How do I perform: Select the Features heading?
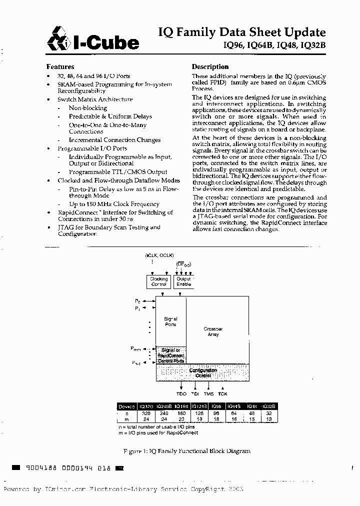point(60,66)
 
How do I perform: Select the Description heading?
point(210,66)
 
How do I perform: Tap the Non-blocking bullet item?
point(87,108)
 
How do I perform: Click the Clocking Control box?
point(159,281)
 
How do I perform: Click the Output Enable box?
point(183,281)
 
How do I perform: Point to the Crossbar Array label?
point(213,331)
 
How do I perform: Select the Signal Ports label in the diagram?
point(170,321)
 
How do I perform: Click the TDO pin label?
point(182,394)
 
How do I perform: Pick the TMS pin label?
point(208,394)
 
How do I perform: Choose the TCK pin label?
point(222,394)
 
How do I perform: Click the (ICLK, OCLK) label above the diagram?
point(159,255)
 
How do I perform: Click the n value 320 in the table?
point(146,413)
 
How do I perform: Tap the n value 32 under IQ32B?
point(268,413)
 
